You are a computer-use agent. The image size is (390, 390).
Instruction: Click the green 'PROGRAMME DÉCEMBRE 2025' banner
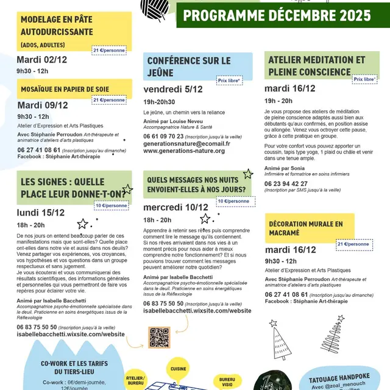click(x=277, y=15)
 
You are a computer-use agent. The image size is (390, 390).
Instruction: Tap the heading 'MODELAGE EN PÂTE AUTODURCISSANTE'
click(x=57, y=26)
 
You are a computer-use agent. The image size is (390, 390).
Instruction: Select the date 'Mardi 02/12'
click(x=41, y=59)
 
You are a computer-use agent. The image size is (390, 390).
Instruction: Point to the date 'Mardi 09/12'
click(x=42, y=105)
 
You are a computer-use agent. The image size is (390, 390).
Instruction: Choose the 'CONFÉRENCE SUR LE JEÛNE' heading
click(x=189, y=66)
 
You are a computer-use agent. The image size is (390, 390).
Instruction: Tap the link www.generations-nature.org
click(x=184, y=151)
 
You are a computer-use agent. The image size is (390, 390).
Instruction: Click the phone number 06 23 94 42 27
click(x=286, y=183)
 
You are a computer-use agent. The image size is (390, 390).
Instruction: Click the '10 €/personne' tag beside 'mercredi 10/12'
click(x=233, y=200)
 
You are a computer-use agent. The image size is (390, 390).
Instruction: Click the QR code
click(x=158, y=337)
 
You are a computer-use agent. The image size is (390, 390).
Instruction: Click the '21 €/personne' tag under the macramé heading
click(x=353, y=244)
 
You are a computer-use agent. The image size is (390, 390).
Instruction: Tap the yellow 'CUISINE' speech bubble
click(x=179, y=369)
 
